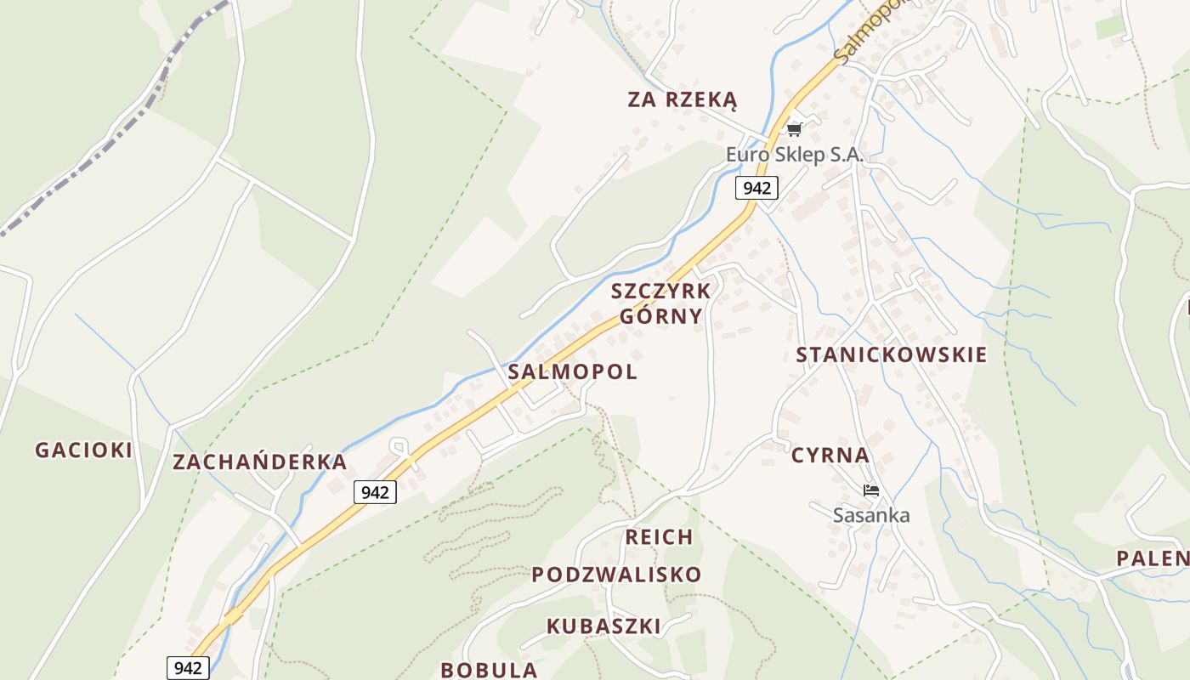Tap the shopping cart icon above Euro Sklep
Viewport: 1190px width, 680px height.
pos(794,129)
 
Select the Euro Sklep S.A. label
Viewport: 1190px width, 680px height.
pos(794,155)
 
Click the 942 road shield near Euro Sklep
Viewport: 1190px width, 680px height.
pos(756,188)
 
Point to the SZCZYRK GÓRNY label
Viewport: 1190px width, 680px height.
pos(660,303)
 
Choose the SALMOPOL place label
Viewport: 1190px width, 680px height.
pos(572,372)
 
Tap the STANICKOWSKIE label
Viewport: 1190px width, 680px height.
pos(891,355)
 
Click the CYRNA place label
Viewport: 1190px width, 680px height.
pos(830,456)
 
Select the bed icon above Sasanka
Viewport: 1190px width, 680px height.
pos(870,490)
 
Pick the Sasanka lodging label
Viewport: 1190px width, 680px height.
pos(870,515)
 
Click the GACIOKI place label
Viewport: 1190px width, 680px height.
pos(83,450)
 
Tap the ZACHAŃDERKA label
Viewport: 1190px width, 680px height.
pos(259,462)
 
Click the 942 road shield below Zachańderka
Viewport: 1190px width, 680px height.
pos(375,492)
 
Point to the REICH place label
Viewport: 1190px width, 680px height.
pos(659,537)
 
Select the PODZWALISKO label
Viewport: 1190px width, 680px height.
pos(616,575)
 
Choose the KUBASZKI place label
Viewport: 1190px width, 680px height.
pos(603,626)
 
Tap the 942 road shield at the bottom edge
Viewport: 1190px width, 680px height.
pos(187,667)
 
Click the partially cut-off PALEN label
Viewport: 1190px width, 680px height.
pos(1153,558)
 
